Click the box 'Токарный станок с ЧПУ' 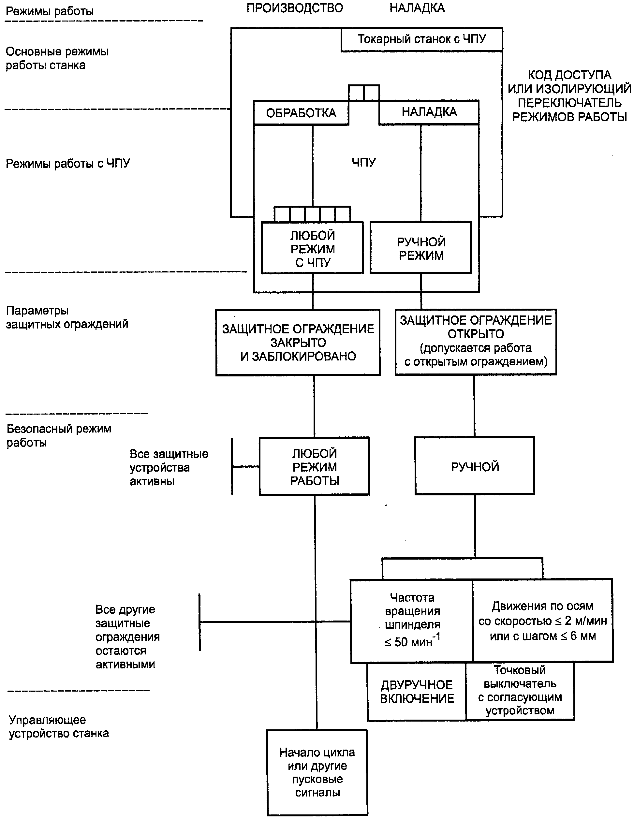click(x=422, y=39)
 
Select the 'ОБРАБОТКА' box click(x=301, y=112)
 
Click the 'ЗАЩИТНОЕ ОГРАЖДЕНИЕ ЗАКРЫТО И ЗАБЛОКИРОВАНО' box click(x=298, y=343)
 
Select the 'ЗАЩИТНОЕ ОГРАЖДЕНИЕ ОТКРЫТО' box click(x=476, y=342)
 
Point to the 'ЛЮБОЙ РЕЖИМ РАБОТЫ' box click(x=314, y=466)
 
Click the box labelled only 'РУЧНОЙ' click(x=475, y=466)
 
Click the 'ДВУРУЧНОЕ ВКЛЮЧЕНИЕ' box click(x=417, y=692)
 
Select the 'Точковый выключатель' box click(x=520, y=691)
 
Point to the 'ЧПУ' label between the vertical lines click(x=363, y=162)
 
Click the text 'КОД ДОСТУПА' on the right click(x=569, y=75)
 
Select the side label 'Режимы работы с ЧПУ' click(x=68, y=164)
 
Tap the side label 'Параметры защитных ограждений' click(x=67, y=317)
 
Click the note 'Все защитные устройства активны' click(x=169, y=467)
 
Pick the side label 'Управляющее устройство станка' click(x=59, y=726)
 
